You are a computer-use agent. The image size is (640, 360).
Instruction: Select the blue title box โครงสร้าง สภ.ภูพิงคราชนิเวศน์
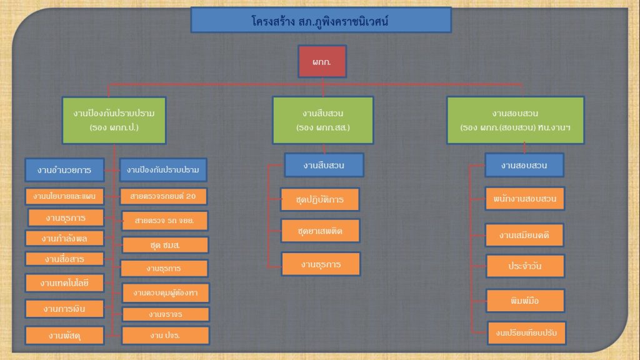321,20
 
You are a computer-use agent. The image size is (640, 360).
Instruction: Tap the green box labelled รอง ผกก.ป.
114,120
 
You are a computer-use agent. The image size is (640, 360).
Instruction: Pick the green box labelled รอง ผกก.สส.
322,120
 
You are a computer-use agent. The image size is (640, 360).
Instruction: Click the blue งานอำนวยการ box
64,169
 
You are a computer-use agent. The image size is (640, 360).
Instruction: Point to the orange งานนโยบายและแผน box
64,196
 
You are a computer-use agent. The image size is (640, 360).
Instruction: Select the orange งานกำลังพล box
64,238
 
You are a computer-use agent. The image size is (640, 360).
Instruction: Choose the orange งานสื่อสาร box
64,259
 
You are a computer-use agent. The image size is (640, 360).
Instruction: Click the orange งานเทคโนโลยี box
64,282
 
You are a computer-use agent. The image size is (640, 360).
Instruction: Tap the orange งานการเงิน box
64,309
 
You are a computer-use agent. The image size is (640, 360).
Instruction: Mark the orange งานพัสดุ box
64,336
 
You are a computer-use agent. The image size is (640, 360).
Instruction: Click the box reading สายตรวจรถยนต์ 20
164,196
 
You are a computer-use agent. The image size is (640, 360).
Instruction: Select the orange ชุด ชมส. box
166,244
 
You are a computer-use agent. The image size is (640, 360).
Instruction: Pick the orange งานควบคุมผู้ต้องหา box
166,292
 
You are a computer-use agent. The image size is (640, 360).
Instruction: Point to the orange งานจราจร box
166,314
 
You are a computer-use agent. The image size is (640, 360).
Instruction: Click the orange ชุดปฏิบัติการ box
319,199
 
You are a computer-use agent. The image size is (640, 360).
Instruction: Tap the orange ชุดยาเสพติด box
320,231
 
